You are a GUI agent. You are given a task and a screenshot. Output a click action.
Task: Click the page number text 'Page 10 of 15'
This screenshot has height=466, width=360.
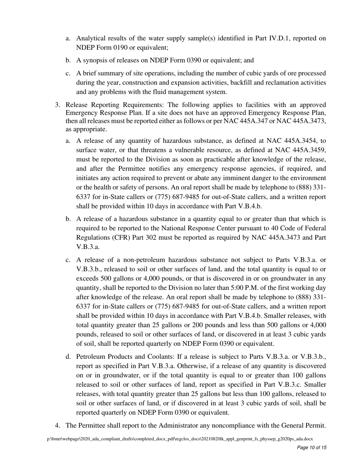point(311,447)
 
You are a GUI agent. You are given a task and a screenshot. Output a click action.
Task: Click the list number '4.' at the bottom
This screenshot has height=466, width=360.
point(58,425)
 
